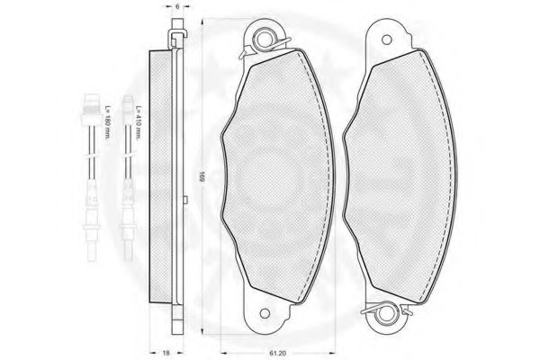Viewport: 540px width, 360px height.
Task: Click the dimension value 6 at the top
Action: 177,6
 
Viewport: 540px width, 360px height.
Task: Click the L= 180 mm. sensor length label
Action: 106,122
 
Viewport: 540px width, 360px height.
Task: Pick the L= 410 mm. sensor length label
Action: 139,122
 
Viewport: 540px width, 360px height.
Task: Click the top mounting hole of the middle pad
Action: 264,40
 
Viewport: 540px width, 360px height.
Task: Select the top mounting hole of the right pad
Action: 387,40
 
